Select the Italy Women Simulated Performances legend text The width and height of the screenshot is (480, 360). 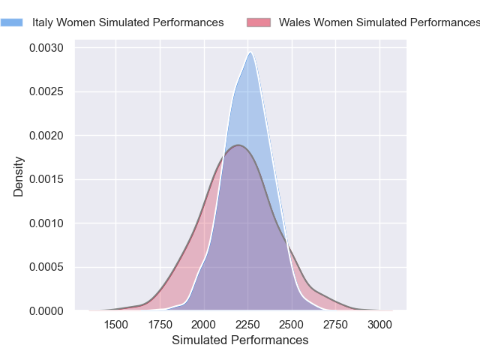coord(127,22)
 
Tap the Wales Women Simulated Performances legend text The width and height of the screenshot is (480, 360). coord(379,22)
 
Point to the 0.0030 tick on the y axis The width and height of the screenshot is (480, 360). coord(46,48)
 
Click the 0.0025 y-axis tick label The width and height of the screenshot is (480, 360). coord(46,92)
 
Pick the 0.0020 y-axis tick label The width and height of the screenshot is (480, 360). coord(46,136)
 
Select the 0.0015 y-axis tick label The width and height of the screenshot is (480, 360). coord(46,179)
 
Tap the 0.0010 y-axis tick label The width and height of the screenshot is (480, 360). coord(46,223)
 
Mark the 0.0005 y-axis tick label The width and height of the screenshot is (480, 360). coord(46,267)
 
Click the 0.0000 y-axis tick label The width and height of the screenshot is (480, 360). coord(46,310)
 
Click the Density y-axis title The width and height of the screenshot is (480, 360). coord(19,176)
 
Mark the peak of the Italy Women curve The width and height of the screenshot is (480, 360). coord(250,52)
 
